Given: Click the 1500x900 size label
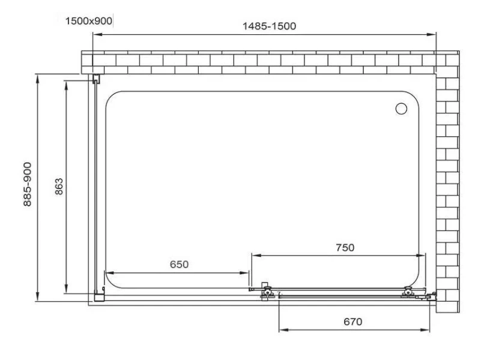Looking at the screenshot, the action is [x=89, y=21].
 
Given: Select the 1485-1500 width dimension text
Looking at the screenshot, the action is [x=269, y=26].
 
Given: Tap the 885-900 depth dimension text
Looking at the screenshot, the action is [x=28, y=184].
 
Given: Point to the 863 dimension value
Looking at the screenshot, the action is [x=59, y=187].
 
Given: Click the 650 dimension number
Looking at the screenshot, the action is [x=179, y=265].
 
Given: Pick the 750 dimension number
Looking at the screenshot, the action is [x=345, y=247].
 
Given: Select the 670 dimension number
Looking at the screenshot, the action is [x=353, y=322].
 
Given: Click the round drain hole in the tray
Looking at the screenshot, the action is [x=401, y=109].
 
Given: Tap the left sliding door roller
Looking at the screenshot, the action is [x=267, y=291].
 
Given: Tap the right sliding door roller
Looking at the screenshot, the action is [x=408, y=292].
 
